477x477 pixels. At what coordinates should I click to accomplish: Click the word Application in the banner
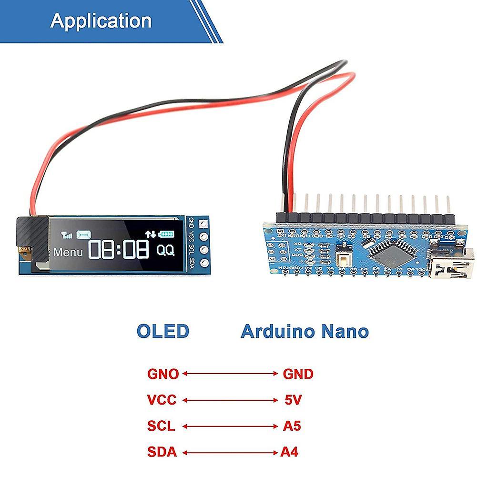(x=101, y=21)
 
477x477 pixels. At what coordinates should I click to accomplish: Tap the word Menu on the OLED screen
(x=68, y=251)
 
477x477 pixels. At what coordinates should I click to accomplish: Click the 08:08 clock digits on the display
(x=120, y=249)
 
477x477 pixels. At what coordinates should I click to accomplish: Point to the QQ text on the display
(x=165, y=250)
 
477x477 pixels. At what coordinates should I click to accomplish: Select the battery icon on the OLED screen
(x=167, y=234)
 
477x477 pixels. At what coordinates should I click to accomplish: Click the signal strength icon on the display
(x=66, y=235)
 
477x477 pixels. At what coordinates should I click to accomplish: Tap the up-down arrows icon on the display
(x=151, y=234)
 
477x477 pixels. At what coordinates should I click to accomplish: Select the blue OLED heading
(x=163, y=331)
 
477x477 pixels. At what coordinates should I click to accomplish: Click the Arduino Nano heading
(x=304, y=331)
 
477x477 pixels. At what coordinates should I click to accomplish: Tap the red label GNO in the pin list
(x=163, y=374)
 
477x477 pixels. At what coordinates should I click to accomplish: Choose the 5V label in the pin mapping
(x=293, y=400)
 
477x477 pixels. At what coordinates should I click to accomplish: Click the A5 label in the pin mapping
(x=292, y=426)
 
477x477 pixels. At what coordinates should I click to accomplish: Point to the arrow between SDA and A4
(x=230, y=451)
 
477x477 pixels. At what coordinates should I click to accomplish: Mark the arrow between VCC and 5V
(x=230, y=400)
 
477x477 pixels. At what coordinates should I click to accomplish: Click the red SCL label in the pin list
(x=162, y=426)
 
